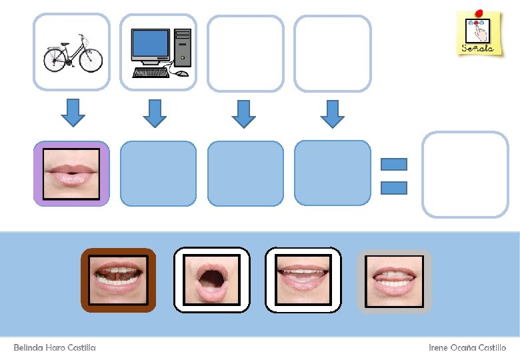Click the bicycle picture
coord(72,52)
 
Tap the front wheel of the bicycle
coord(91,61)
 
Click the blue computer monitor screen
coord(150,44)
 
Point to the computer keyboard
coord(151,72)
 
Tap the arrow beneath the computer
coord(155,112)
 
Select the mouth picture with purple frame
coord(71,173)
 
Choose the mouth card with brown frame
coord(119,280)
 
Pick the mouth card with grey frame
coord(395,280)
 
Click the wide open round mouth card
coord(212,280)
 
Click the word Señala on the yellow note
coord(478,49)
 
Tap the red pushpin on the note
coord(479,13)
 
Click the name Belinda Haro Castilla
coord(55,347)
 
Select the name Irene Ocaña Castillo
coord(467,347)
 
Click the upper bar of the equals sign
coord(393,164)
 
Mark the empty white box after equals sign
coord(465,174)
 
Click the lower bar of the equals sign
coord(393,188)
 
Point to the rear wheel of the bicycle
coord(53,61)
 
